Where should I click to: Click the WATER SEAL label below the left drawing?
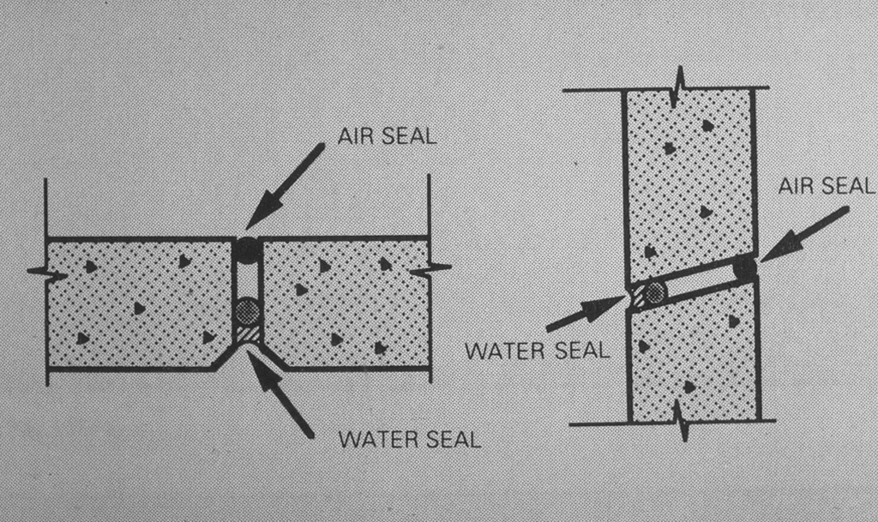tap(410, 441)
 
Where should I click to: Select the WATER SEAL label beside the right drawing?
tap(536, 350)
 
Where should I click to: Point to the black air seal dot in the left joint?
tap(248, 250)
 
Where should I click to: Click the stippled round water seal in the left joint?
tap(248, 310)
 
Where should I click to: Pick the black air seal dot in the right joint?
tap(744, 267)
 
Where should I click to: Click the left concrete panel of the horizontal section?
tap(137, 304)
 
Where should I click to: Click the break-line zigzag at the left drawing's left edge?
tap(47, 273)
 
